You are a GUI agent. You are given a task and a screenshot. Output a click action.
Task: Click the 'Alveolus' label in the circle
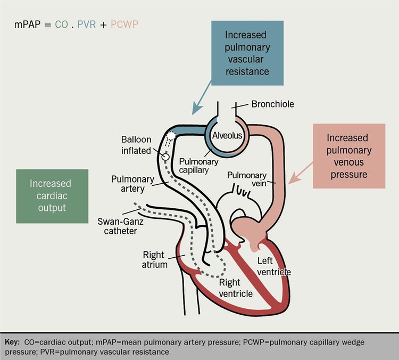pos(228,136)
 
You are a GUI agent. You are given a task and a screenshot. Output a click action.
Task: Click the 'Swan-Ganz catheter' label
pos(118,225)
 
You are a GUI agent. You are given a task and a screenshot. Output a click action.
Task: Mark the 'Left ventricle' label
pos(273,266)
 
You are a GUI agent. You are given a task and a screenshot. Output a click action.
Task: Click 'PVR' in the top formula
pos(85,24)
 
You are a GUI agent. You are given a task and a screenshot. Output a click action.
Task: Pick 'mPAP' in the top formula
pos(27,24)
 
